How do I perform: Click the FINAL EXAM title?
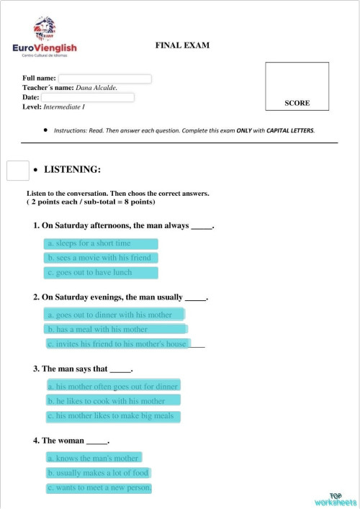point(182,45)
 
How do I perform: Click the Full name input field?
point(104,78)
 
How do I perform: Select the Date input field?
point(87,97)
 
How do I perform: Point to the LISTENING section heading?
point(72,170)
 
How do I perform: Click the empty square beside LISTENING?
point(17,171)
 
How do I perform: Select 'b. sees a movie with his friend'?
point(100,258)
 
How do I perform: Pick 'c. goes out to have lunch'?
point(100,273)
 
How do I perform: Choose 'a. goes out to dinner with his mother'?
point(114,315)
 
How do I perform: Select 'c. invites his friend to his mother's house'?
point(117,344)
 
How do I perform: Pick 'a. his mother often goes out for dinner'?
point(113,386)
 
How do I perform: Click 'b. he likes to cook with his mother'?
point(113,401)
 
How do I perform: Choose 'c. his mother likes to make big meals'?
point(113,416)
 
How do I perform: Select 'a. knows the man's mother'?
point(93,458)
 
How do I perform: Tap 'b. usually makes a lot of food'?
point(99,473)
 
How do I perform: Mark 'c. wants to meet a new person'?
point(99,488)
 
